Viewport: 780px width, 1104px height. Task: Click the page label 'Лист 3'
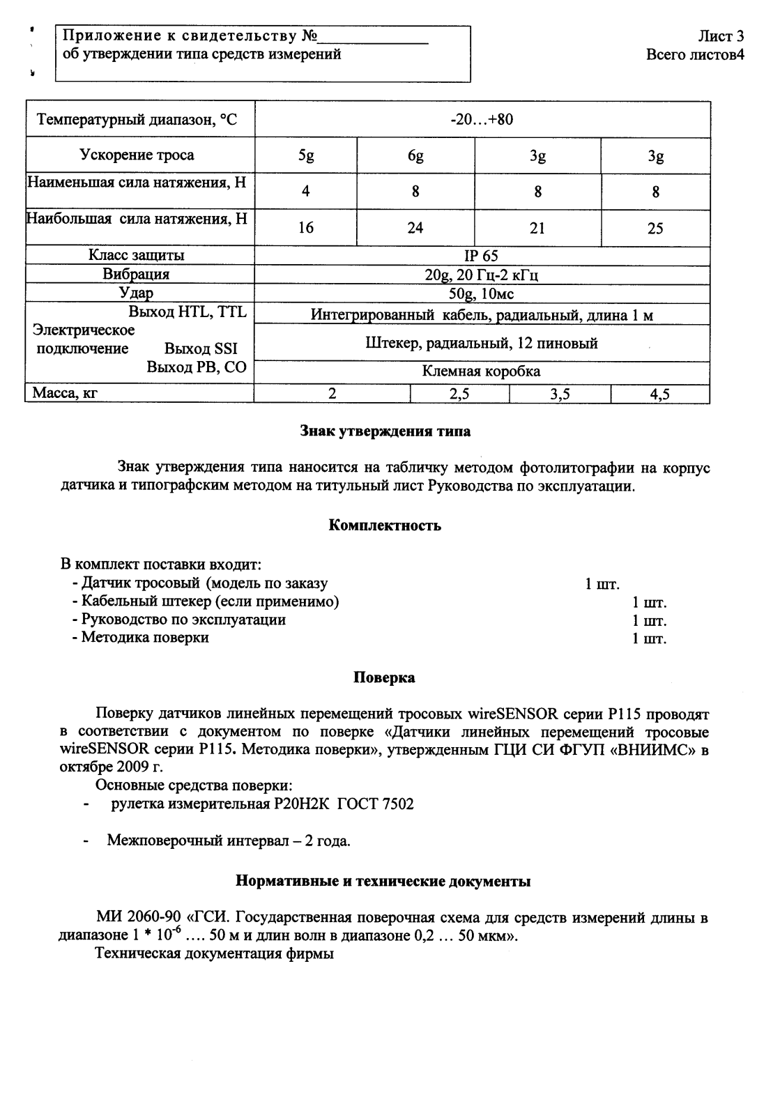(721, 36)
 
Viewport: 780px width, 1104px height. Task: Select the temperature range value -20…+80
(482, 119)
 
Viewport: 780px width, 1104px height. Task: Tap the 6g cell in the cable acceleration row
(415, 156)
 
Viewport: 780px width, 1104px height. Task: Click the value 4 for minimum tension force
(305, 192)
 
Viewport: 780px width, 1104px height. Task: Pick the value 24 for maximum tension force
(415, 228)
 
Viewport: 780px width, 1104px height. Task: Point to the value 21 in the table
(537, 228)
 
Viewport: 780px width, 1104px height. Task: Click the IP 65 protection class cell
(482, 256)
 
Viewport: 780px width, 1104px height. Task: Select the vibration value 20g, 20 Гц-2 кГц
(482, 275)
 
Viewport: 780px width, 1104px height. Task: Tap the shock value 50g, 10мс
(482, 293)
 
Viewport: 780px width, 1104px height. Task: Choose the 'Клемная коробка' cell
(482, 371)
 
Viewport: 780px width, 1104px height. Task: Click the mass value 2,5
(459, 394)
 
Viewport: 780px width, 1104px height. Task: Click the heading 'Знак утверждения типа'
(385, 431)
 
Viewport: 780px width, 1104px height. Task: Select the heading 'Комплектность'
(385, 526)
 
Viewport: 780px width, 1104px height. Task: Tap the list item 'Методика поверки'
(145, 637)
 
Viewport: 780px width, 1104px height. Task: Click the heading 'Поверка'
(385, 677)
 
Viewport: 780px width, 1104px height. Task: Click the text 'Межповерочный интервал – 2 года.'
(229, 841)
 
